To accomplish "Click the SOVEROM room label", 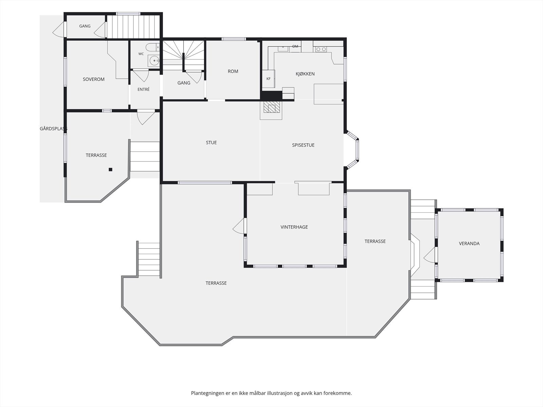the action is tap(94, 79).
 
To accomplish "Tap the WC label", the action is tap(141, 54).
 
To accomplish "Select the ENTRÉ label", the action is tap(144, 89).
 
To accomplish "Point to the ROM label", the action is tap(233, 71).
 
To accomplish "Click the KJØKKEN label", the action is tap(305, 74).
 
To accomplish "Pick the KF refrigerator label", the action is tap(268, 79).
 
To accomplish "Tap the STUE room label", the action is tap(211, 142).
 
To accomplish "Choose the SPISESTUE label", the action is tap(303, 145).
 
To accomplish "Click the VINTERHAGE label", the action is tap(294, 227).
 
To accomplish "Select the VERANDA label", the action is tap(469, 244).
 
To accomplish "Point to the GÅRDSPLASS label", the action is tap(53, 129).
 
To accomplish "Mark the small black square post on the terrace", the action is tap(111, 170).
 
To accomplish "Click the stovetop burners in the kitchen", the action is tap(321, 50).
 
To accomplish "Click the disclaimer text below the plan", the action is tap(271, 393).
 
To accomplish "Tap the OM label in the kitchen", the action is tap(295, 46).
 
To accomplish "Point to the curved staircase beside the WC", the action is tap(184, 56).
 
